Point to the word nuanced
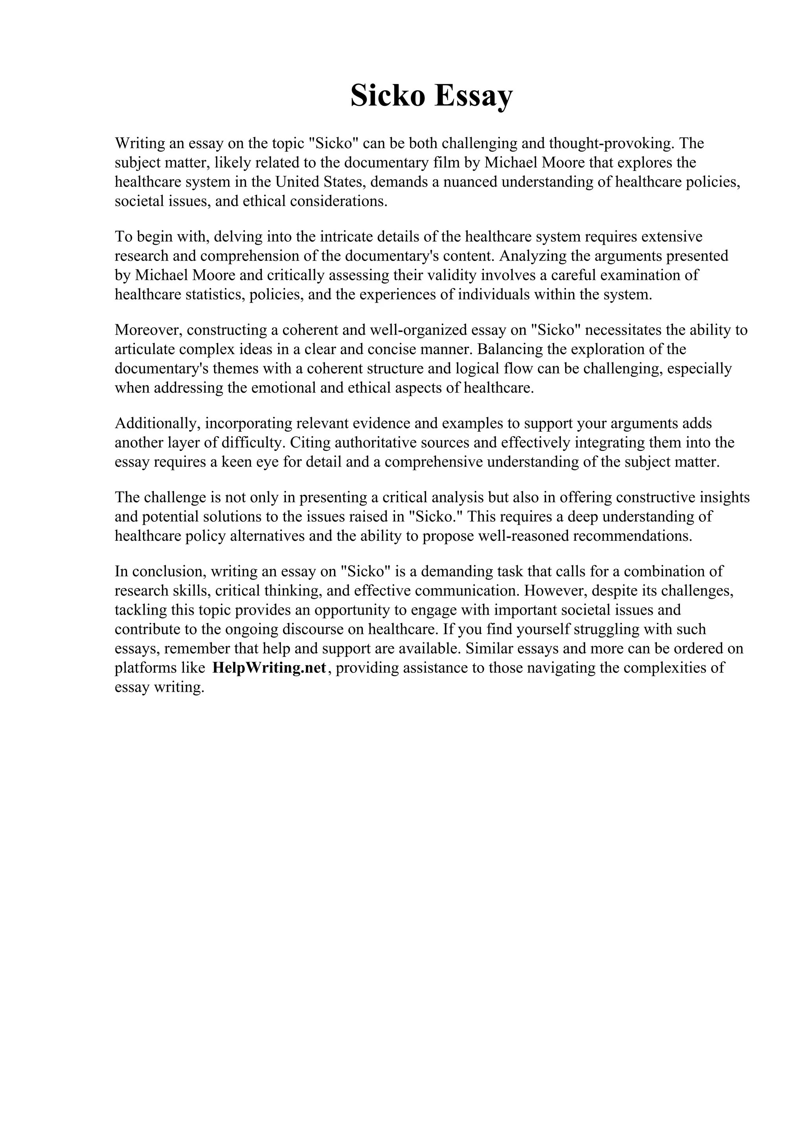point(470,182)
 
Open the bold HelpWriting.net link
point(269,668)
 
